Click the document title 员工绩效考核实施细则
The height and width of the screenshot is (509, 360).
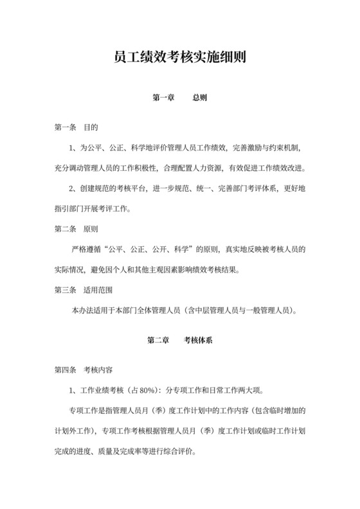tap(179, 58)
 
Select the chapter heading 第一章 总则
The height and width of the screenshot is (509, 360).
tap(179, 98)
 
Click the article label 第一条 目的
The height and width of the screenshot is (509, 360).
tap(76, 128)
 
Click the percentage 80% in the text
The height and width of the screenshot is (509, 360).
tap(148, 390)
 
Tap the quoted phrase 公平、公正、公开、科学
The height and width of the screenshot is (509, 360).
tap(147, 249)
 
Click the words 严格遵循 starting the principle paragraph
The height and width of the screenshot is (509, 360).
tap(87, 249)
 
